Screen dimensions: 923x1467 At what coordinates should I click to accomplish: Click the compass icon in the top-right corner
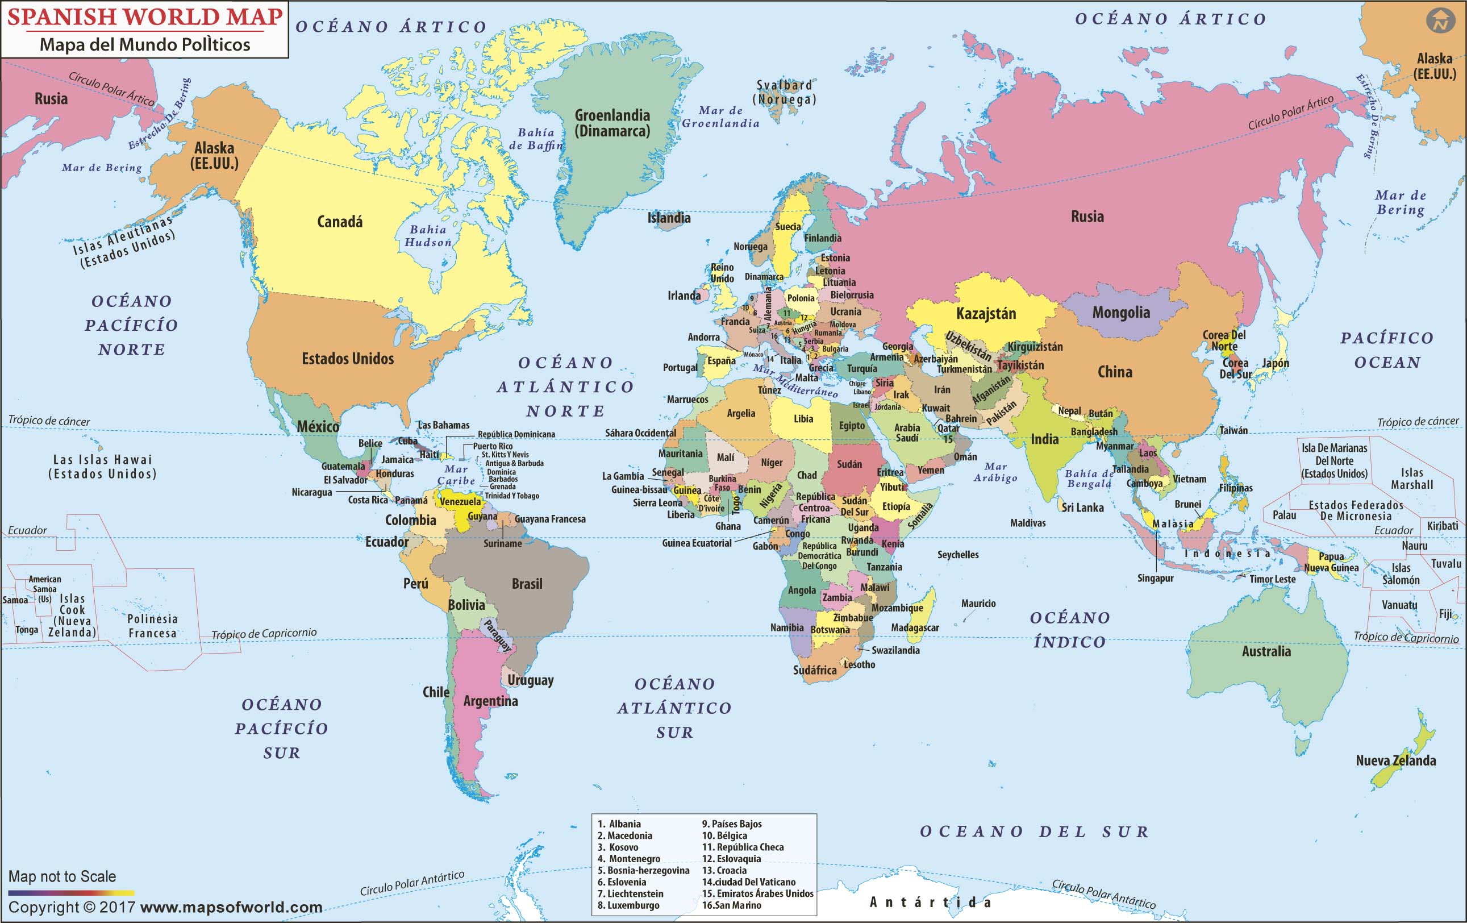(1440, 20)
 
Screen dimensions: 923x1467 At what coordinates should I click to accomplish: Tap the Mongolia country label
(1120, 313)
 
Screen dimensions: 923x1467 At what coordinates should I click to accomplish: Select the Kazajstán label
(986, 314)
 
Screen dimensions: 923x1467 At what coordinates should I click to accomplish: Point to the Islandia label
(668, 218)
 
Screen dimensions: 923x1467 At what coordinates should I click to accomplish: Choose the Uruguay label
(530, 680)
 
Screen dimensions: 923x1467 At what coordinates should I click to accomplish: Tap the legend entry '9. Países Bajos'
(732, 824)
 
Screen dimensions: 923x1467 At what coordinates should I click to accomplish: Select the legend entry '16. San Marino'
(731, 905)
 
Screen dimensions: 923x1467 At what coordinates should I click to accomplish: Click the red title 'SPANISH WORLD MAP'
(145, 17)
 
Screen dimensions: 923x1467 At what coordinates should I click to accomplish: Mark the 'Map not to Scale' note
(62, 876)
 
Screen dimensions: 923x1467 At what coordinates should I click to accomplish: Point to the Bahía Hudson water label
(428, 236)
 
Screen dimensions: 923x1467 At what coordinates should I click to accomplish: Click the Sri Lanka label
(1082, 508)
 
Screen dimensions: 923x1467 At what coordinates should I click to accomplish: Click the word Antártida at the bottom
(930, 903)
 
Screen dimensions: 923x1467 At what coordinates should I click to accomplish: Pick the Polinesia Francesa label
(152, 626)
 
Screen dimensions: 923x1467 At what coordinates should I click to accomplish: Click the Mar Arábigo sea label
(995, 472)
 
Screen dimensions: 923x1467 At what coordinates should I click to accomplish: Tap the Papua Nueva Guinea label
(1331, 562)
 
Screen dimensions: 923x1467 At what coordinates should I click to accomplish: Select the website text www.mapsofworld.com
(231, 907)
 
